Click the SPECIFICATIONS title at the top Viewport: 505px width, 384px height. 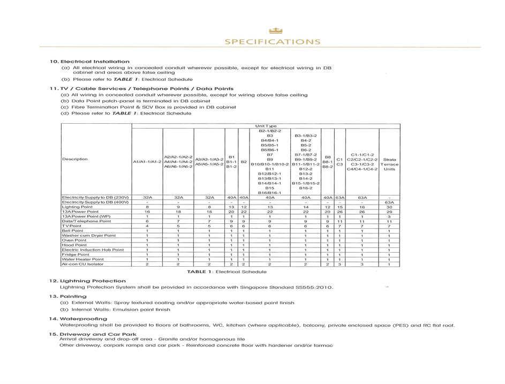(273, 42)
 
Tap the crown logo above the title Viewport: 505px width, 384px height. (275, 31)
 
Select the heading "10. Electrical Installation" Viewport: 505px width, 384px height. (89, 62)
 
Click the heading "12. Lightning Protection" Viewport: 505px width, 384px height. (87, 281)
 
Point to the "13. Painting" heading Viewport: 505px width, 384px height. (67, 296)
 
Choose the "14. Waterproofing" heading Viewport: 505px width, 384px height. (78, 319)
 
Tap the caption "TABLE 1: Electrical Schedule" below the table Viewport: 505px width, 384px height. (227, 272)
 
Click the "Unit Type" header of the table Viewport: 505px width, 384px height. (266, 126)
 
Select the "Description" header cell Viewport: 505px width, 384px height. (75, 159)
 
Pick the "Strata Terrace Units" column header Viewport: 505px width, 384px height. (389, 164)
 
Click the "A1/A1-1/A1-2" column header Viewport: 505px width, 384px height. (147, 161)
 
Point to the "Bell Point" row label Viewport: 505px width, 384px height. (73, 231)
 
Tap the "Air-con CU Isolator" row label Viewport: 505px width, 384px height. (82, 264)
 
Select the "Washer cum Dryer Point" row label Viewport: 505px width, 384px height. (88, 236)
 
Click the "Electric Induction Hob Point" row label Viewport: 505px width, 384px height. (93, 250)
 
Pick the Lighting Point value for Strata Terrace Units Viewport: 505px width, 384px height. (389, 207)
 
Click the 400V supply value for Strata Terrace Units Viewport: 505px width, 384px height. (389, 202)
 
